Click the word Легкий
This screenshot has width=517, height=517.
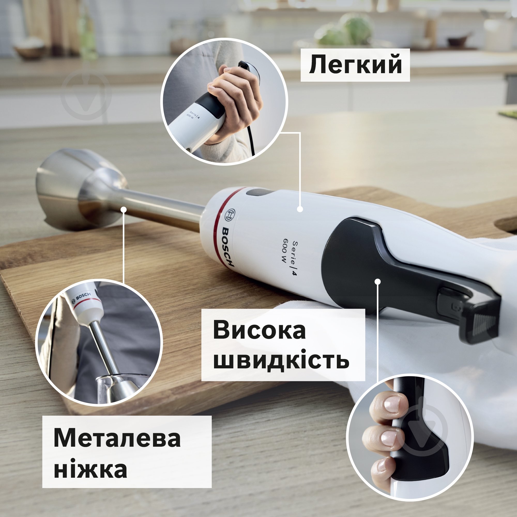(355, 65)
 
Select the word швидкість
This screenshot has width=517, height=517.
(281, 361)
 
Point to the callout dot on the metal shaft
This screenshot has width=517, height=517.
(123, 210)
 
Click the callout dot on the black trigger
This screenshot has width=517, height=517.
(378, 282)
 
